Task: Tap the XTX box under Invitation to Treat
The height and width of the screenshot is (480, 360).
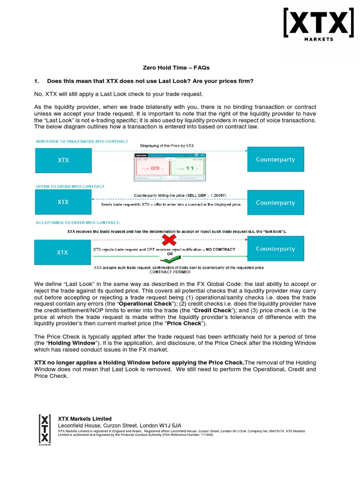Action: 63,160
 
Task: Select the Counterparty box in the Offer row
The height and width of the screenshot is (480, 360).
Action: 275,202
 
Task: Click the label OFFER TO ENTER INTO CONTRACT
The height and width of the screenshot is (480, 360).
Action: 70,187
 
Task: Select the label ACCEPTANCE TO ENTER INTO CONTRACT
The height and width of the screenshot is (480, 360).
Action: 78,223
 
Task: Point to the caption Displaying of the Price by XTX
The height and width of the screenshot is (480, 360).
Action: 167,146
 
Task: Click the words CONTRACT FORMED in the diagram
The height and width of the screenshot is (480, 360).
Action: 170,272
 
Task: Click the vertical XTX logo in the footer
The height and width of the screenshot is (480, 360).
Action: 44,428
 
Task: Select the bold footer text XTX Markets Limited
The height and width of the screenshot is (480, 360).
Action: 84,419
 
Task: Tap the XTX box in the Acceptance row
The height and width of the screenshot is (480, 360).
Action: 63,252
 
